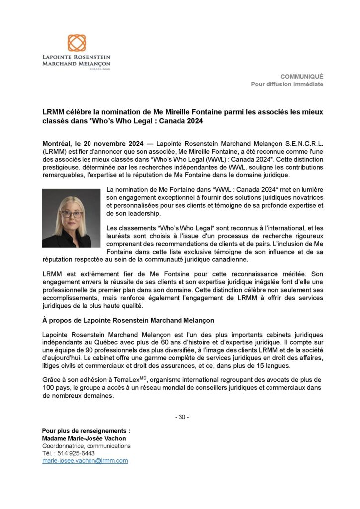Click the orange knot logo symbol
coord(77,43)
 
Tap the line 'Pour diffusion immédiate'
coord(287,84)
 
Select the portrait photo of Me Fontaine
coord(71,218)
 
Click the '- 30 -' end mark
coord(182,417)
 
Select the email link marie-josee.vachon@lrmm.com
coord(85,461)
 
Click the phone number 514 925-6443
coord(77,453)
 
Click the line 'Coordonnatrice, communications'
coord(86,446)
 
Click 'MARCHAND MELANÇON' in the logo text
coord(76,64)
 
